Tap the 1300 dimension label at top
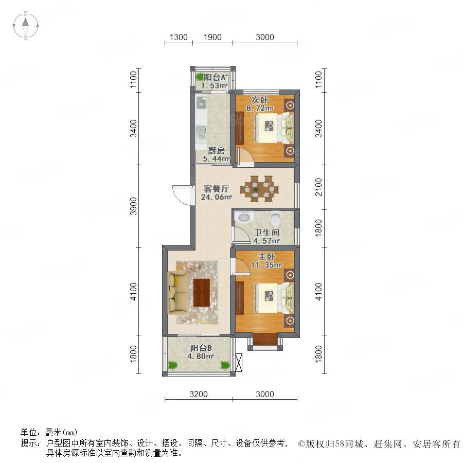tap(179, 37)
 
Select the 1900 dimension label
tap(212, 37)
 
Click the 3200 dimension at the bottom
tap(199, 394)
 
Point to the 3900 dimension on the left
tap(134, 206)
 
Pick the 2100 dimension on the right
tap(318, 187)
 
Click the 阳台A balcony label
tap(215, 77)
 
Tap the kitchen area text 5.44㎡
tap(216, 159)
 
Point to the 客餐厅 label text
tap(217, 189)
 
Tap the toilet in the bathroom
tap(276, 218)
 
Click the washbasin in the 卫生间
tap(244, 217)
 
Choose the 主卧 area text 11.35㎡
tap(266, 265)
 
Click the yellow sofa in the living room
tap(177, 293)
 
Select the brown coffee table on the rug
tap(202, 293)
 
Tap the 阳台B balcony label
tap(201, 348)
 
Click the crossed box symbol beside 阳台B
tap(239, 362)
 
